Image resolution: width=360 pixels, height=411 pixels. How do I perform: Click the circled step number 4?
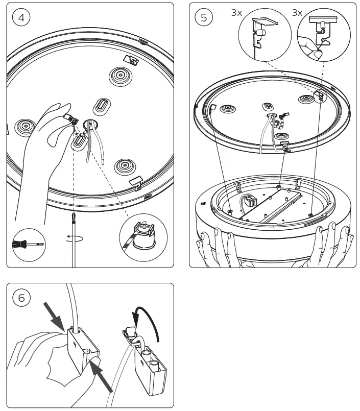coord(21,17)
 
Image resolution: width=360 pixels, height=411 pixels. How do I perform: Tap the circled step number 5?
coord(204,17)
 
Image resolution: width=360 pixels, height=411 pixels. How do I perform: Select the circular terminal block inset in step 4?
coord(142,239)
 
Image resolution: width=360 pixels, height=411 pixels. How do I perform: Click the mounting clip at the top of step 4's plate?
coord(132,60)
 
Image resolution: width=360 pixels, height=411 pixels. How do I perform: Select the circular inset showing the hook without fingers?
coord(261,35)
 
